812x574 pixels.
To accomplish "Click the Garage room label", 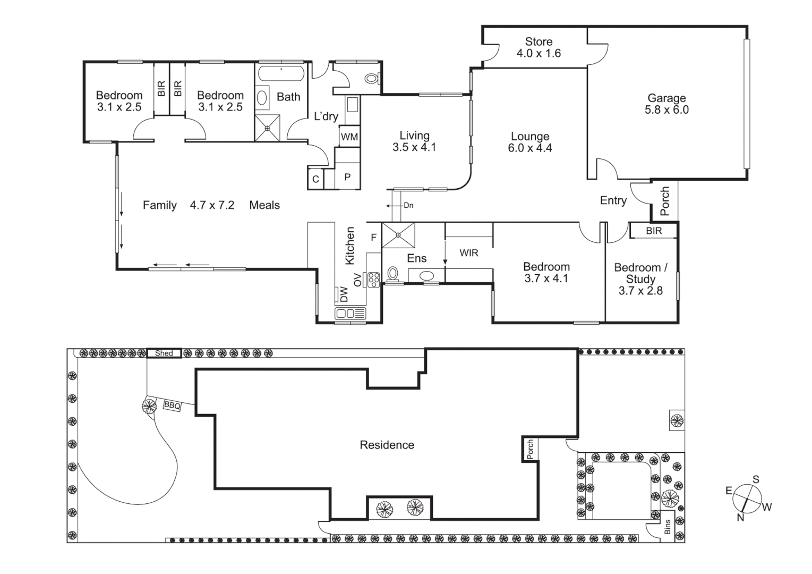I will pos(666,98).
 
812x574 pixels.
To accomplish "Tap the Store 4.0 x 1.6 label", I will pos(539,47).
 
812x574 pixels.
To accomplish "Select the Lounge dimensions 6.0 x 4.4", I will pos(530,148).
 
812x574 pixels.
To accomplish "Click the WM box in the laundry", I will pos(349,137).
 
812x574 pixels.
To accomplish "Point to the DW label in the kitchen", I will pos(344,294).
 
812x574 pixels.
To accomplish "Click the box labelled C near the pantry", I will pos(315,179).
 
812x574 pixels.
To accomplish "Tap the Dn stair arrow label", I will pos(408,205).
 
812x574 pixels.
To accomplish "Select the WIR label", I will pos(468,253).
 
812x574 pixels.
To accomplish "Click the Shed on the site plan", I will pos(164,353).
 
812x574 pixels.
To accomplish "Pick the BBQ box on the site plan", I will pos(172,406).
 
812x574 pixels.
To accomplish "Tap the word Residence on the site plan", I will pos(387,445).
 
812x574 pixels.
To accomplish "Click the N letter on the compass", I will pos(740,517).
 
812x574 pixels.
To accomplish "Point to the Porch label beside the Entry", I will pos(664,201).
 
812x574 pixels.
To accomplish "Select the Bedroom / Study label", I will pos(640,273).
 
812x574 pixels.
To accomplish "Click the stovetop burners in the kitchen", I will pos(373,279).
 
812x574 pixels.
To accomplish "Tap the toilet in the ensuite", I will pos(392,274).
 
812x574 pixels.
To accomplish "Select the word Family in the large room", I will pos(159,205).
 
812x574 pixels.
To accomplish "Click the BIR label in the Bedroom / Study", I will pos(654,231).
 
